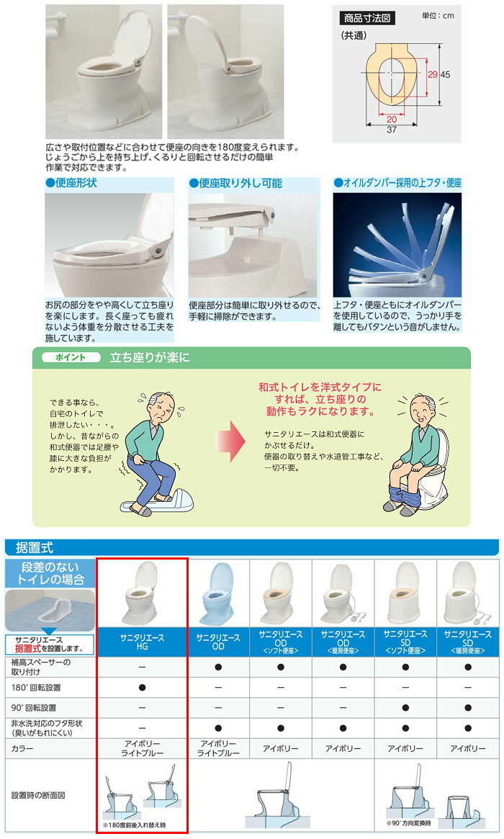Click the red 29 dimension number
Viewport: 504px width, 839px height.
click(432, 74)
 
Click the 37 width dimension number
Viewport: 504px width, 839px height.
click(392, 130)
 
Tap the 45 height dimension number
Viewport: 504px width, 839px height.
click(445, 74)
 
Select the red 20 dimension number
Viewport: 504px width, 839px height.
click(392, 120)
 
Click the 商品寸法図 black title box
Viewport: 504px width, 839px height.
click(367, 18)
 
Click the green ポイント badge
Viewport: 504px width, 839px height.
click(71, 357)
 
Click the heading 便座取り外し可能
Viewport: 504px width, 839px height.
click(236, 183)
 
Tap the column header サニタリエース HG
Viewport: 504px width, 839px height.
click(142, 642)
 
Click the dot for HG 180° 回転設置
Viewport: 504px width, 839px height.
click(142, 688)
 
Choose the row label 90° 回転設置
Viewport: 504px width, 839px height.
click(34, 707)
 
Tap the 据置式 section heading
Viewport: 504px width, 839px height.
click(35, 547)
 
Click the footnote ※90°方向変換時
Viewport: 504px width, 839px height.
click(409, 823)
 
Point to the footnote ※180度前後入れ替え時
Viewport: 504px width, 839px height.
click(135, 825)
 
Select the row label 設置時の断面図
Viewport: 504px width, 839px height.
click(38, 796)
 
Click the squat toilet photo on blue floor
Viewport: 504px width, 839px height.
click(50, 611)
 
